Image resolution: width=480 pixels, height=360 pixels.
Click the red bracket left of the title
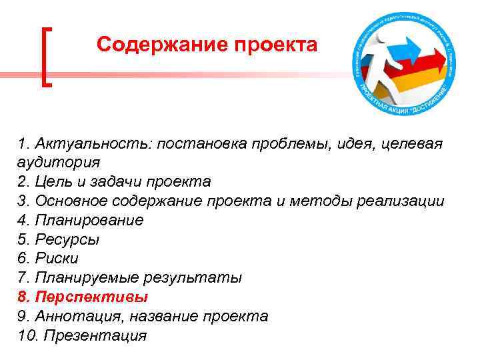pyautogui.click(x=47, y=56)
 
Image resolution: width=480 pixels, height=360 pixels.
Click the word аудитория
pyautogui.click(x=59, y=162)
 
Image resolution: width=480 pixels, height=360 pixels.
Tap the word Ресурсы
pyautogui.click(x=66, y=239)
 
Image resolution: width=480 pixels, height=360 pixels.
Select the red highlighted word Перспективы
pyautogui.click(x=91, y=297)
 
